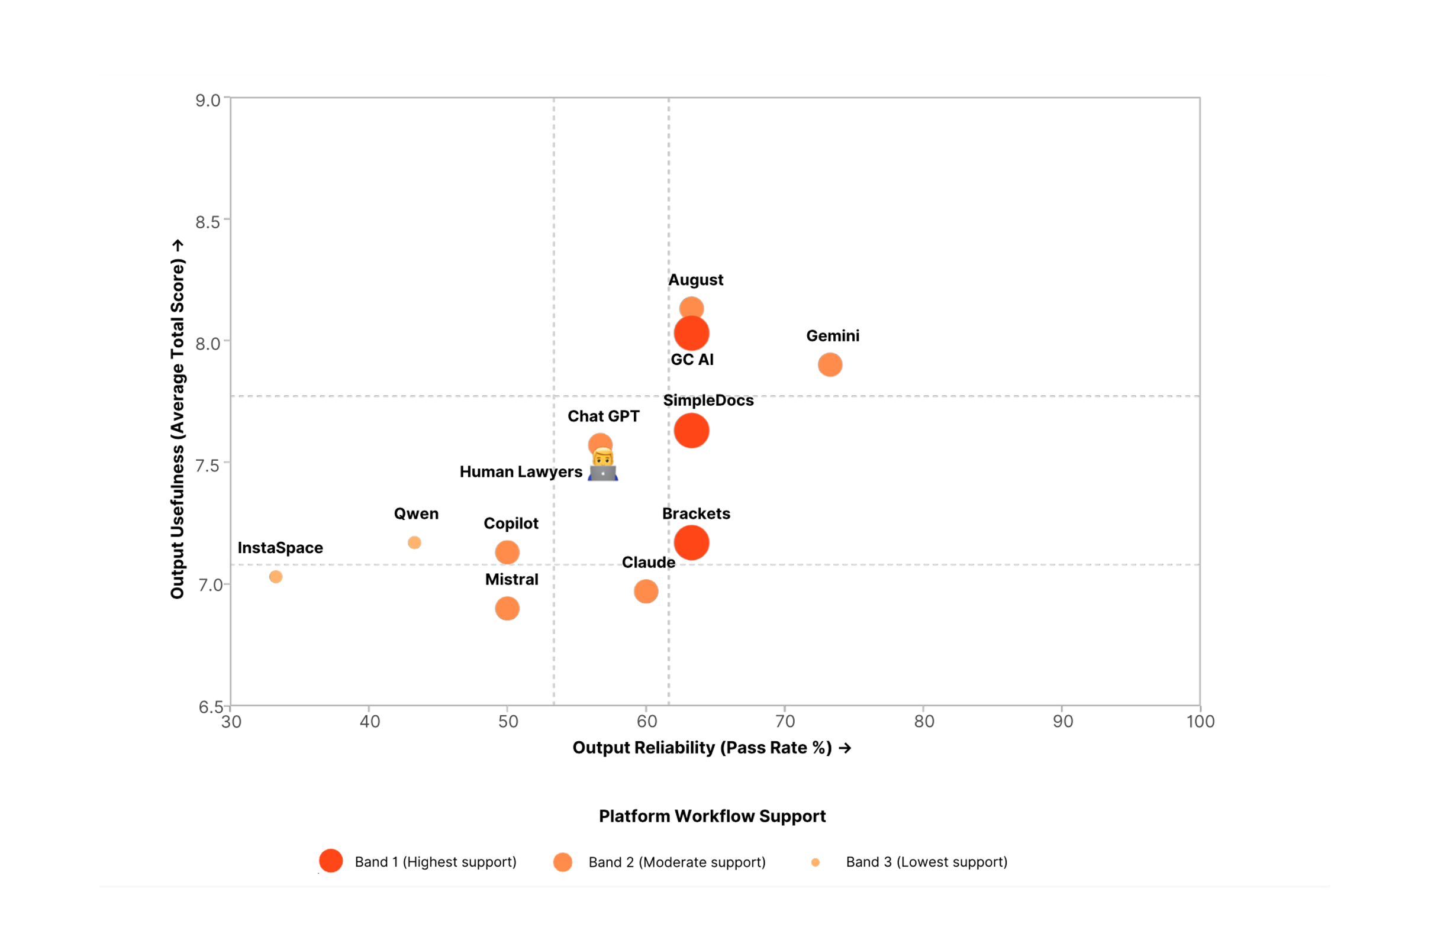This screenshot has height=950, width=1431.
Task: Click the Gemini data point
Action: click(x=830, y=365)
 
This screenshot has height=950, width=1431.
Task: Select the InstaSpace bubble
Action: click(x=276, y=577)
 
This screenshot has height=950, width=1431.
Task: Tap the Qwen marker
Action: click(x=415, y=543)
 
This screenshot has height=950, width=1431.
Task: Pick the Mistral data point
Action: click(x=507, y=608)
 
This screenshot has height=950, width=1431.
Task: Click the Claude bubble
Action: click(x=646, y=592)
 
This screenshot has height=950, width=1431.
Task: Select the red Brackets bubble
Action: click(x=692, y=543)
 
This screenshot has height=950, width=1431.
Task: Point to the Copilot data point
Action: click(x=507, y=552)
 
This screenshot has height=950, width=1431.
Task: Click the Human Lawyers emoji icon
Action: click(x=603, y=466)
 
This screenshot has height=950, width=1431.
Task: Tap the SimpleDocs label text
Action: click(x=708, y=400)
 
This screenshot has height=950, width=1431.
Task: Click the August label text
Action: click(x=695, y=280)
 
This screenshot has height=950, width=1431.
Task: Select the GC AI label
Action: click(x=692, y=360)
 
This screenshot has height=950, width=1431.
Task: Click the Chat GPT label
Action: click(x=603, y=416)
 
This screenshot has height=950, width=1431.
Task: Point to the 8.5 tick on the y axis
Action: click(x=207, y=222)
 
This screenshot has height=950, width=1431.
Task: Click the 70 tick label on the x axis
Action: click(x=785, y=722)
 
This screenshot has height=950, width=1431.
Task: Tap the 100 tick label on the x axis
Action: click(x=1200, y=722)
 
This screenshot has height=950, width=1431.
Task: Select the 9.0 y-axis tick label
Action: click(x=207, y=101)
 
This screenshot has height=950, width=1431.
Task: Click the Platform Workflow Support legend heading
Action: click(x=712, y=816)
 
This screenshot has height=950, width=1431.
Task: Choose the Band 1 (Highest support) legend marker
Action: click(x=331, y=861)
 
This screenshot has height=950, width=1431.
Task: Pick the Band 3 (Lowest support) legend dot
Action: click(x=815, y=862)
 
